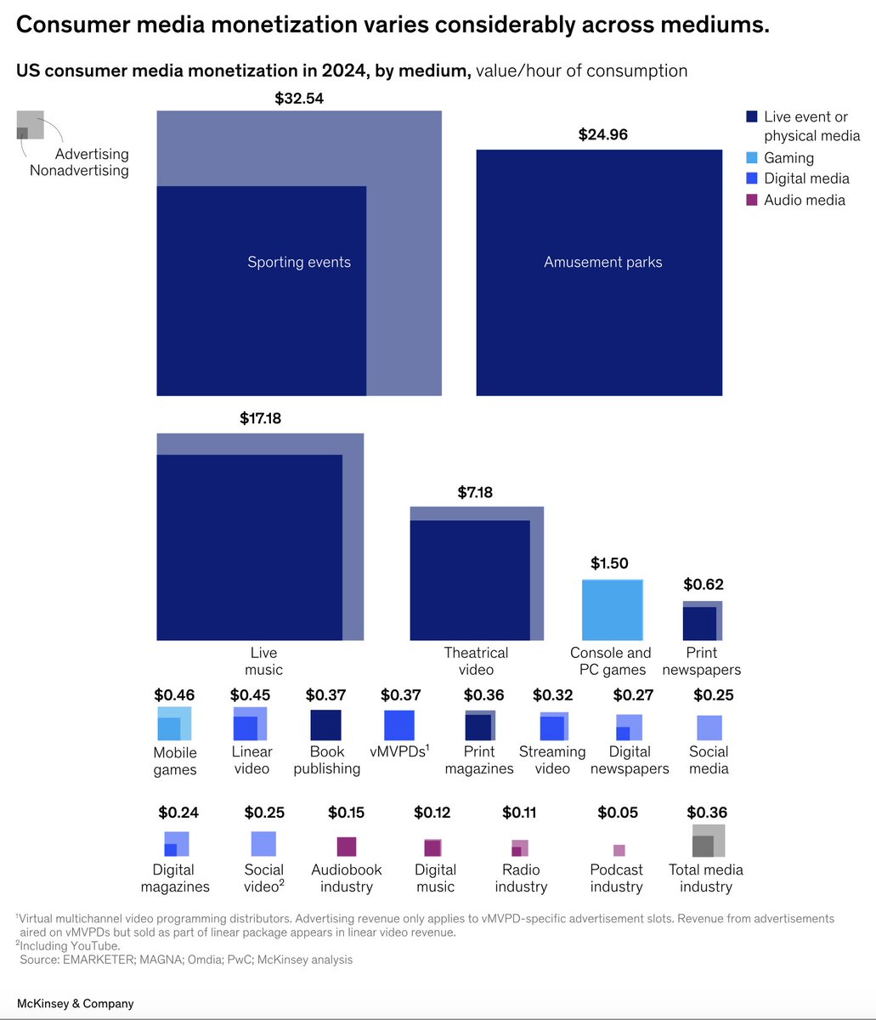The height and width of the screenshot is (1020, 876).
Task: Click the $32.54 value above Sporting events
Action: click(299, 99)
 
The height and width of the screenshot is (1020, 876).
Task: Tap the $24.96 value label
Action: click(602, 134)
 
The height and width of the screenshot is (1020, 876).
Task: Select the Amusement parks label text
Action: click(602, 262)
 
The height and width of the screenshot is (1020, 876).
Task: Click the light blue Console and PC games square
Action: click(612, 609)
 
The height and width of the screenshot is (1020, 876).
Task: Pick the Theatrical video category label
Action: click(476, 661)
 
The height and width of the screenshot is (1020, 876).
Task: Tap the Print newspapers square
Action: click(702, 620)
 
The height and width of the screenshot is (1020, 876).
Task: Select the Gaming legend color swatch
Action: click(752, 158)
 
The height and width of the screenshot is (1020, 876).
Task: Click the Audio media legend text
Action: click(804, 201)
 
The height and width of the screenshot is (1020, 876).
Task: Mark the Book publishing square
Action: click(325, 725)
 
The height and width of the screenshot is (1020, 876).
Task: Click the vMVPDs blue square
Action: click(399, 725)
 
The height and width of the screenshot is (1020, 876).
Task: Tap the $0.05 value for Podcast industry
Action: click(618, 813)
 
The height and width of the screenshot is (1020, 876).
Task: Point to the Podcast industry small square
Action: click(619, 850)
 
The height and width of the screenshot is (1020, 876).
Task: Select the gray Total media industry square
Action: click(708, 841)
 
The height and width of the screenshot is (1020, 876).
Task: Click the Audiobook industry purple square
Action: click(346, 847)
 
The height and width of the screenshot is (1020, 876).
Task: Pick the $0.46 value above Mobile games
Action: click(174, 695)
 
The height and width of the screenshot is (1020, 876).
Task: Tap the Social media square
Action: click(709, 728)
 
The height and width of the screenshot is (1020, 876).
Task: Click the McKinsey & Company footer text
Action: click(76, 1004)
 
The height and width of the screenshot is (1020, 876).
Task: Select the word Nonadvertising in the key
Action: click(79, 171)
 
